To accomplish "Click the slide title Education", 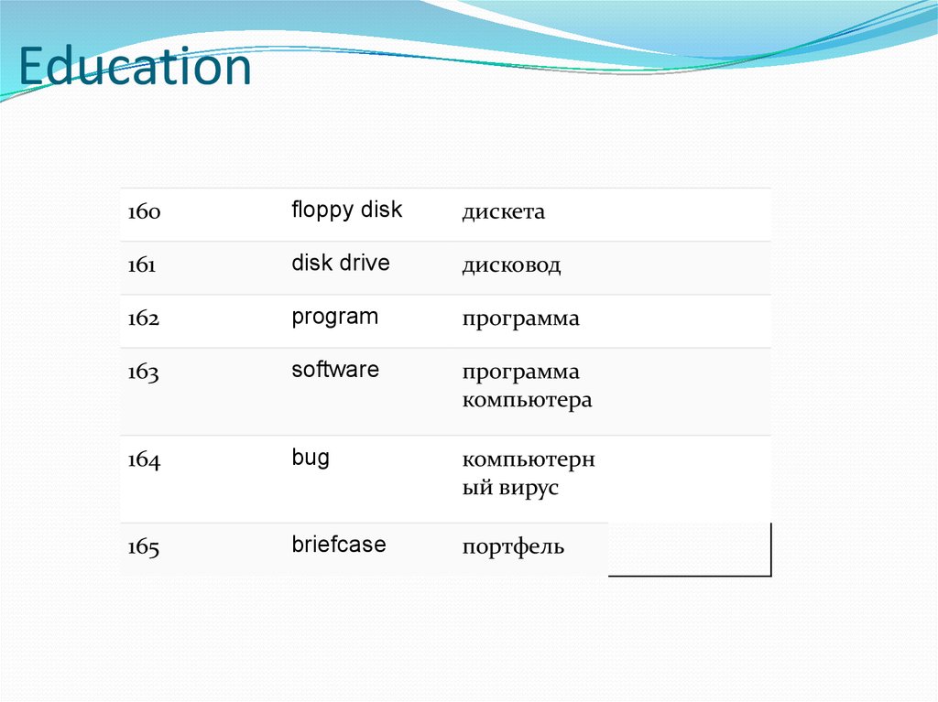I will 135,69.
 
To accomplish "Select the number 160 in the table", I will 144,212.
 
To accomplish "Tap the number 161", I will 143,265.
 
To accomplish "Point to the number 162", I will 144,319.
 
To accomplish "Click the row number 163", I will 144,373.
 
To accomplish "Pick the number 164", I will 144,460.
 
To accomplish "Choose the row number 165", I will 144,548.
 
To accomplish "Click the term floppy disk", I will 346,211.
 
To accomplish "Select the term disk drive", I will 340,264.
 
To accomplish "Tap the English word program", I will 334,318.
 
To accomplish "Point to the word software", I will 334,371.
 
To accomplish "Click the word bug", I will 311,459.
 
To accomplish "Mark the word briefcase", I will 338,545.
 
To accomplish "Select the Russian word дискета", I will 503,212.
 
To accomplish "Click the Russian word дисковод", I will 511,265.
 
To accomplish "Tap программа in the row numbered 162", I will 520,319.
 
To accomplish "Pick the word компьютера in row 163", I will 527,401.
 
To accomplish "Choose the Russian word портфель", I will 513,548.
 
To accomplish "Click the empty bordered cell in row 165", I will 689,549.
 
